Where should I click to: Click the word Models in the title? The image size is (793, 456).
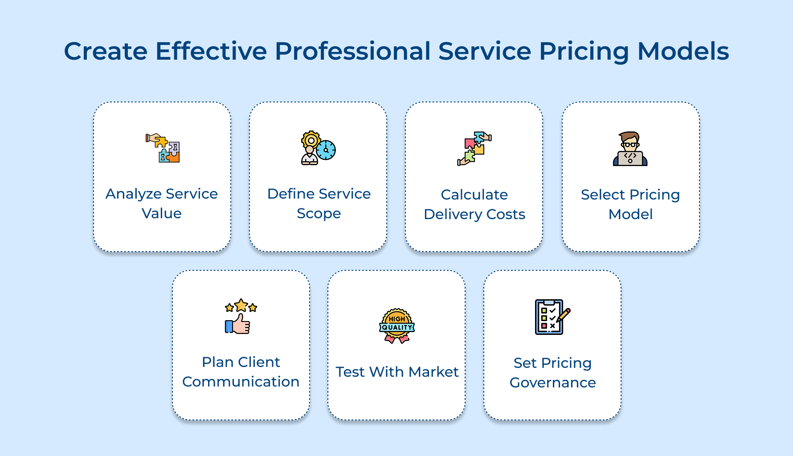pos(683,51)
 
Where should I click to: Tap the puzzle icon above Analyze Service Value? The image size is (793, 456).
pos(163,148)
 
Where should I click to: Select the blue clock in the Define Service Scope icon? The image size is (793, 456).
pos(326,150)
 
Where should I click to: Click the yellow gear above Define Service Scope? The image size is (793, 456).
pos(311,140)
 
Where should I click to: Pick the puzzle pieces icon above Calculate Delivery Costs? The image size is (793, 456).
pos(474,148)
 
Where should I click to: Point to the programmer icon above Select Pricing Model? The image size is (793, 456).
pos(630,149)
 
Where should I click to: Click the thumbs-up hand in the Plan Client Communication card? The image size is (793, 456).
pos(238,324)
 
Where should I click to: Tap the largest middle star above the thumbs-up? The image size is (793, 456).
pos(241,305)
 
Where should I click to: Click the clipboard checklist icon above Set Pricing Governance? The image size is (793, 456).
pos(549,317)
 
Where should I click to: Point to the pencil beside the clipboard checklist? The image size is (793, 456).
pos(564,315)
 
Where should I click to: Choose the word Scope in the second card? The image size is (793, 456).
pos(319,214)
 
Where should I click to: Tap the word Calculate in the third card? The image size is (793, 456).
pos(474,195)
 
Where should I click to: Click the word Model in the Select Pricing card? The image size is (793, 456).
pos(630,214)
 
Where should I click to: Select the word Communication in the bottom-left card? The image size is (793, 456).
pos(241,382)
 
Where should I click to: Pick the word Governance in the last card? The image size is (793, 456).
pos(552,383)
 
